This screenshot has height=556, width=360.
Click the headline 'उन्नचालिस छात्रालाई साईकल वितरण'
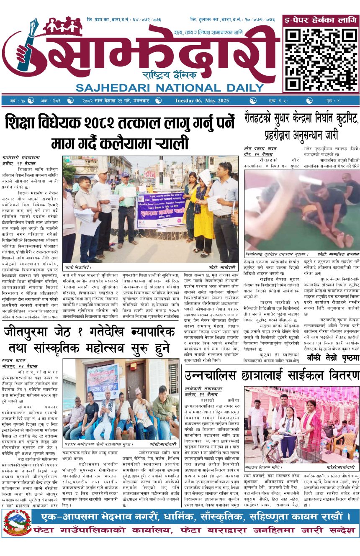pyautogui.click(x=272, y=374)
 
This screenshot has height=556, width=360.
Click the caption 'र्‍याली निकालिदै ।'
pyautogui.click(x=78, y=267)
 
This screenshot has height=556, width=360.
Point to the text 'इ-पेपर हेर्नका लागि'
pyautogui.click(x=321, y=20)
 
